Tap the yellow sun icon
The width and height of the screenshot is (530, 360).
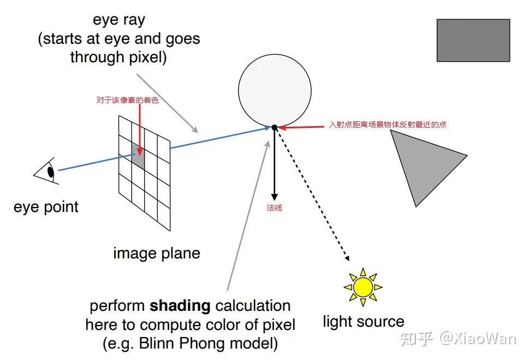click(363, 287)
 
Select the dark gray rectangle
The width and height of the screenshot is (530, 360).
click(473, 40)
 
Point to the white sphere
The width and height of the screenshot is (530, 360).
click(275, 91)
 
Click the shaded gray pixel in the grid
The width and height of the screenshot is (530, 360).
click(138, 156)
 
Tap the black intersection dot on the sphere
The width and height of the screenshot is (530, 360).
click(275, 127)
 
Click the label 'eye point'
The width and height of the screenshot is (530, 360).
click(46, 206)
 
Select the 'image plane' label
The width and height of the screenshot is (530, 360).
click(157, 253)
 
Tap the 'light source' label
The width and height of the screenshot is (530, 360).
click(364, 321)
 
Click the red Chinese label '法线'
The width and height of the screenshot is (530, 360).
click(274, 208)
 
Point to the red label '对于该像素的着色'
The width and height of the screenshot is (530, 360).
click(127, 100)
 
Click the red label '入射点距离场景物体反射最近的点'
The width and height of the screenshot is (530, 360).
click(388, 125)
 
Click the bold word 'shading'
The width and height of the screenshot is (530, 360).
click(180, 306)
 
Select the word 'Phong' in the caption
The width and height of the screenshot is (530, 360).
click(201, 344)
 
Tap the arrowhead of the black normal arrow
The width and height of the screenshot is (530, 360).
click(275, 197)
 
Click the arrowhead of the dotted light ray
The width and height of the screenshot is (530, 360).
click(347, 258)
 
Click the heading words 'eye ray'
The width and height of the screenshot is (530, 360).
click(119, 20)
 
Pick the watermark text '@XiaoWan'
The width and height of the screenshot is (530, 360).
click(478, 338)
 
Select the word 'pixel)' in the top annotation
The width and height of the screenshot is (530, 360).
click(148, 57)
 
